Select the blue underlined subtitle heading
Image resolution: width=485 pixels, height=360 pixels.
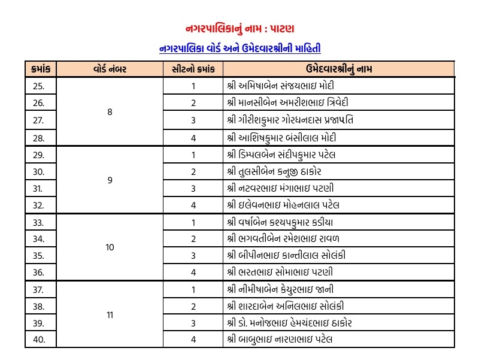[244, 48]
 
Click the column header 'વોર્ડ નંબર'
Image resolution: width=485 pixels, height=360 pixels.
[110, 69]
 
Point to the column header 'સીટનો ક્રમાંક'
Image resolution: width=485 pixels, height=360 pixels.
[193, 69]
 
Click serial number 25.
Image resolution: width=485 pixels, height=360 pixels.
[39, 86]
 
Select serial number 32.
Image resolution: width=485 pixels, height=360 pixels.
[39, 205]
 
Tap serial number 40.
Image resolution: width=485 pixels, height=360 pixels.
[39, 340]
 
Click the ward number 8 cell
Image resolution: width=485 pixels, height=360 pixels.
[110, 112]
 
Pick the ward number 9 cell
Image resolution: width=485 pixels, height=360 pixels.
[110, 180]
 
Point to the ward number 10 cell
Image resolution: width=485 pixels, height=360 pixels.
[110, 247]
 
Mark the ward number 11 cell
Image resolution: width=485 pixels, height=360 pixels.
[110, 314]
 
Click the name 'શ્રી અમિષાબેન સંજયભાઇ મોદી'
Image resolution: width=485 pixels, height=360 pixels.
[277, 86]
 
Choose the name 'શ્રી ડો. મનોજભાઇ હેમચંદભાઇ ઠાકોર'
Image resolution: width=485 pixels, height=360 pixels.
[290, 323]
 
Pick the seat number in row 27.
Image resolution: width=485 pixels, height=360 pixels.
[193, 120]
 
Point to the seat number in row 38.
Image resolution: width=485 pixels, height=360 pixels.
[193, 306]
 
